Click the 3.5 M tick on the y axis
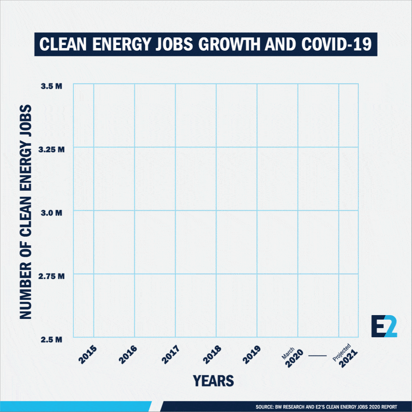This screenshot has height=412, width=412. click(51, 87)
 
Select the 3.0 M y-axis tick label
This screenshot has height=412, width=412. click(51, 213)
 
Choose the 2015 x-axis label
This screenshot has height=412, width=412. click(87, 355)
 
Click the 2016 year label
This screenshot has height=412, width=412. click(128, 355)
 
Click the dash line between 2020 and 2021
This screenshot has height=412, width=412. click(317, 356)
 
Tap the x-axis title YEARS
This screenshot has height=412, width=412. click(213, 381)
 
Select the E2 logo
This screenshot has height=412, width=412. click(384, 327)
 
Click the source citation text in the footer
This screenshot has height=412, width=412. click(326, 407)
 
